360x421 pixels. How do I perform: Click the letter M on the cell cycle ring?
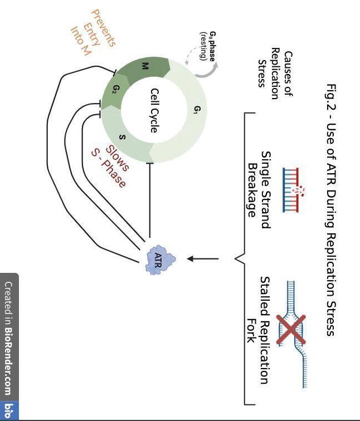(145, 66)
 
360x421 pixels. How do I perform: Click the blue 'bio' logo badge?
(8, 412)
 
